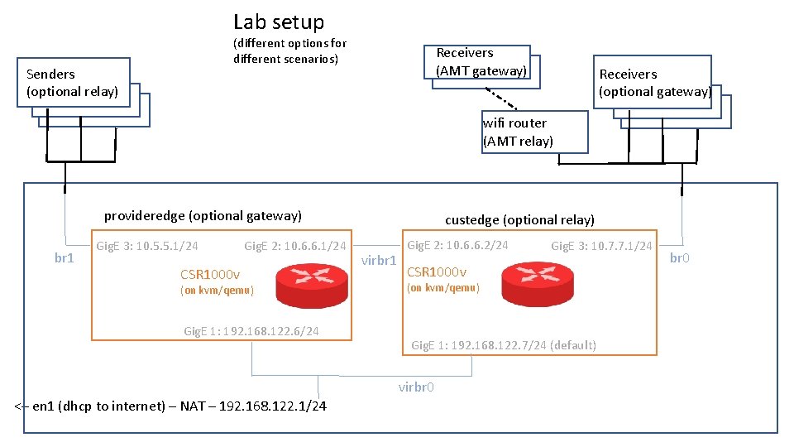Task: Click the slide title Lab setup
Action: [279, 22]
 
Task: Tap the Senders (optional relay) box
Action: [73, 82]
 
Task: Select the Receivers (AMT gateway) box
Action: [481, 62]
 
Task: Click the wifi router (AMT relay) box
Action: [535, 132]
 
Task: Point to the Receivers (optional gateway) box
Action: [654, 82]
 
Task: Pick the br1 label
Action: [65, 258]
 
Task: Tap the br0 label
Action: [679, 258]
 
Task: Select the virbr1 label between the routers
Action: [380, 262]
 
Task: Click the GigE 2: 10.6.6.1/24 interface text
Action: [294, 246]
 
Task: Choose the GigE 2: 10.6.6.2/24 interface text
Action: [457, 245]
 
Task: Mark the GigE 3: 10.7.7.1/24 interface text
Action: [601, 246]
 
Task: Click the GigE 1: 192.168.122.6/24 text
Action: [251, 332]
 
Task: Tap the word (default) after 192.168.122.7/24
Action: [572, 345]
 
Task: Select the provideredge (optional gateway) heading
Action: [203, 216]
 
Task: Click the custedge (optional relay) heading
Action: [519, 220]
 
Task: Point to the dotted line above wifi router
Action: [501, 98]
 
